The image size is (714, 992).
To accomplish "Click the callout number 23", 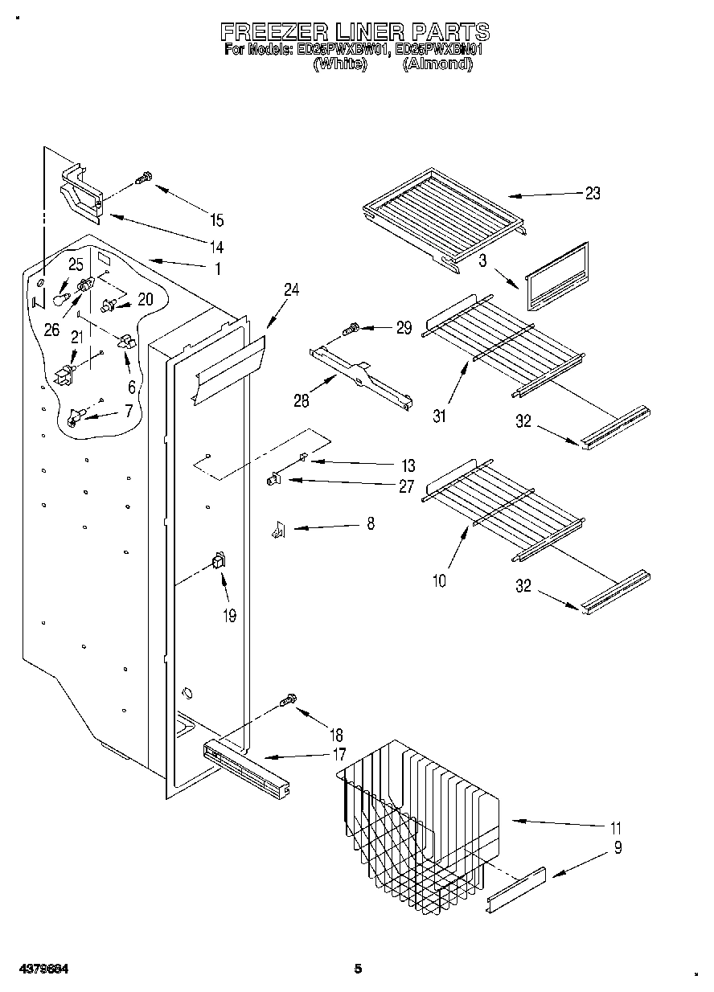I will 592,194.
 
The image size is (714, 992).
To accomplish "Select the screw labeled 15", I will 144,178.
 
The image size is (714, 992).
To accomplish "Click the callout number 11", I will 616,828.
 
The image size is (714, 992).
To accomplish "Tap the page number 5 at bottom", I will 357,969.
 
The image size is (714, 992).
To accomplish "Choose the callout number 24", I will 291,290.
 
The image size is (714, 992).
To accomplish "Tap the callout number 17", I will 339,754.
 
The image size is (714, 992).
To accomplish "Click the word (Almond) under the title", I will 436,64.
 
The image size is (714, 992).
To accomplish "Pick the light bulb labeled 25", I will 59,298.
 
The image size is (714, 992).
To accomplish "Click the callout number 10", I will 439,579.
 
